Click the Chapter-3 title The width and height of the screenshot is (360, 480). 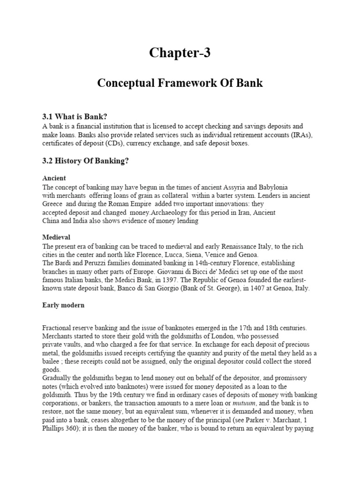[x=180, y=53]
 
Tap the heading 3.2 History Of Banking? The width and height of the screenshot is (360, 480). [x=85, y=161]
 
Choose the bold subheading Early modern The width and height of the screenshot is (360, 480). [x=63, y=305]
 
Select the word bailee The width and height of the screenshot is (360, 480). [x=51, y=361]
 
